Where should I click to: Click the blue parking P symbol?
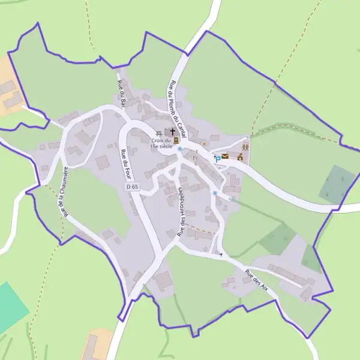coord(217,159)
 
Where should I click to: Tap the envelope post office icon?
coord(225,157)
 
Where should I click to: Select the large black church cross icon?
coord(173,131)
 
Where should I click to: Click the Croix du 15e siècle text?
coord(161,143)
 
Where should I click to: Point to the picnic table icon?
coord(160,133)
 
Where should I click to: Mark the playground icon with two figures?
coord(245,146)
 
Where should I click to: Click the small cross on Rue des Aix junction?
coord(221,255)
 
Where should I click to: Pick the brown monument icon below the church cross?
coord(176,140)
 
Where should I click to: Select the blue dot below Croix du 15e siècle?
coord(179,148)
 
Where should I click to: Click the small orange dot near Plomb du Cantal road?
coord(203,143)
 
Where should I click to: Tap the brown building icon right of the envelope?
coord(240,157)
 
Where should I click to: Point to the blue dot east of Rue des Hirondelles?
coord(215,193)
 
